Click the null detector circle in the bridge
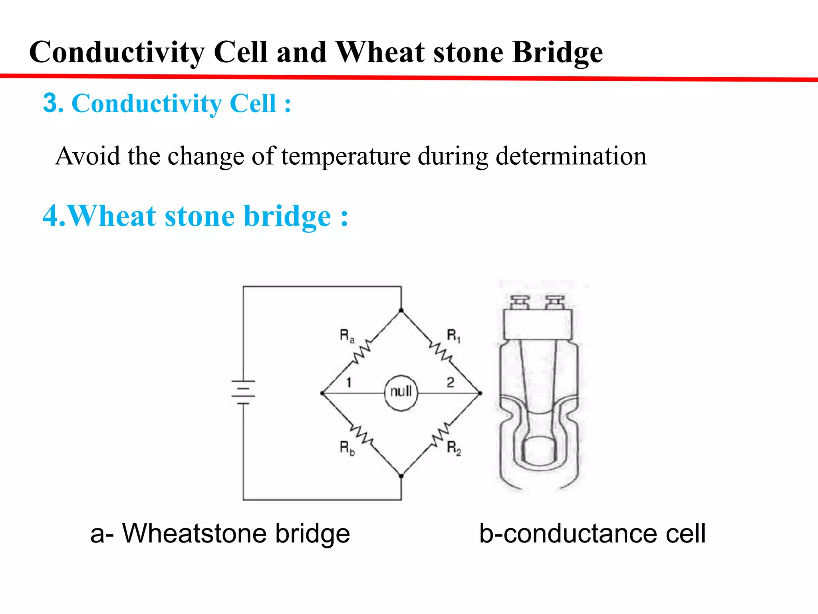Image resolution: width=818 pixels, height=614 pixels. tap(401, 393)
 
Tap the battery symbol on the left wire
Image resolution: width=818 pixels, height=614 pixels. tap(243, 392)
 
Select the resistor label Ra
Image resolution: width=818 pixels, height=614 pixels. tap(346, 336)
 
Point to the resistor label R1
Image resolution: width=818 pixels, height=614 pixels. tap(453, 336)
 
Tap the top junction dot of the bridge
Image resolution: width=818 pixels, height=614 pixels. tap(401, 311)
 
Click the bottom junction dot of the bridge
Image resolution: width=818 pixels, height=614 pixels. tap(401, 476)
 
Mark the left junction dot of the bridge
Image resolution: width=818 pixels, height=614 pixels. tap(322, 393)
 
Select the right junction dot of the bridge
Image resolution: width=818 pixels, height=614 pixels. tap(480, 393)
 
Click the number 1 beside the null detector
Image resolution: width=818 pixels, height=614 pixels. tap(349, 383)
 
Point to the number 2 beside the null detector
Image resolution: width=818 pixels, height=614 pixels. tap(450, 383)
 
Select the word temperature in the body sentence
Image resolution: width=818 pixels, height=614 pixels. tap(346, 156)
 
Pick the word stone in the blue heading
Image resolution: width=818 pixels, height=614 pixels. tap(199, 216)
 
